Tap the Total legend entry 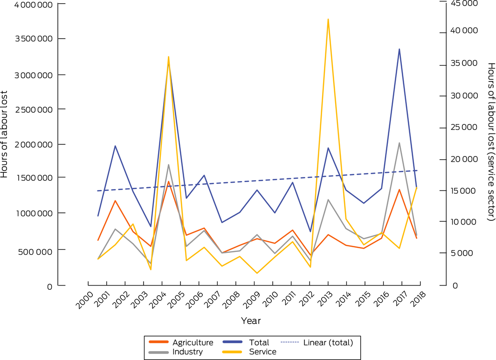click(x=259, y=343)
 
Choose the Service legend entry click(x=263, y=352)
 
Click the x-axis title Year click(x=251, y=321)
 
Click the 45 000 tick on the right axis click(x=466, y=4)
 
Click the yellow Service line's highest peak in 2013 click(x=328, y=20)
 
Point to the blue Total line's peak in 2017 click(x=399, y=49)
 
